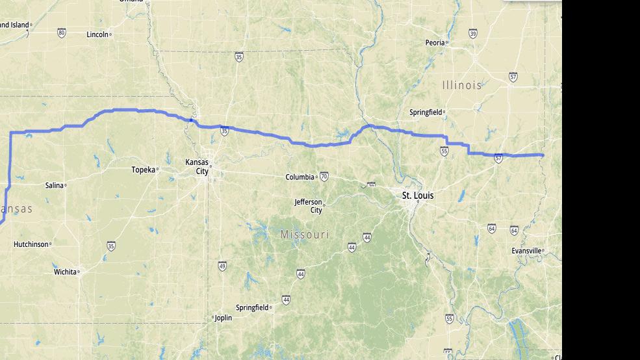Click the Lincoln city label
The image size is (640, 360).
pyautogui.click(x=97, y=34)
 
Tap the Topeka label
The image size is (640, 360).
pyautogui.click(x=144, y=170)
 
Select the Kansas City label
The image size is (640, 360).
pyautogui.click(x=198, y=166)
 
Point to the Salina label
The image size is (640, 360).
pyautogui.click(x=55, y=185)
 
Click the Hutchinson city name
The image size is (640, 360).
pyautogui.click(x=31, y=244)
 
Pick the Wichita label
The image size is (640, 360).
pyautogui.click(x=65, y=272)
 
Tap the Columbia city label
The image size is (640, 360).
pyautogui.click(x=300, y=177)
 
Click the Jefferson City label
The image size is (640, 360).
pyautogui.click(x=308, y=206)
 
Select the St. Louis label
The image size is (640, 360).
pyautogui.click(x=418, y=196)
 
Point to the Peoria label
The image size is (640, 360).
pyautogui.click(x=435, y=43)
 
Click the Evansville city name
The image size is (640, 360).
pyautogui.click(x=526, y=251)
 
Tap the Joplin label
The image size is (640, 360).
pyautogui.click(x=222, y=318)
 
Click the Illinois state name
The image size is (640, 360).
pyautogui.click(x=462, y=85)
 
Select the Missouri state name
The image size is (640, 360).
pyautogui.click(x=305, y=234)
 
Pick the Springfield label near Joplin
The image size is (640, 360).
pyautogui.click(x=252, y=307)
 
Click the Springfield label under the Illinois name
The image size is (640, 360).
pyautogui.click(x=426, y=112)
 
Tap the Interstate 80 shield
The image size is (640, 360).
pyautogui.click(x=61, y=32)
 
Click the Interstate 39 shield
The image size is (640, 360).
pyautogui.click(x=472, y=34)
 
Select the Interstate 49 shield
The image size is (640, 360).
pyautogui.click(x=222, y=266)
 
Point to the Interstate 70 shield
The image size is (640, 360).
pyautogui.click(x=324, y=176)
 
